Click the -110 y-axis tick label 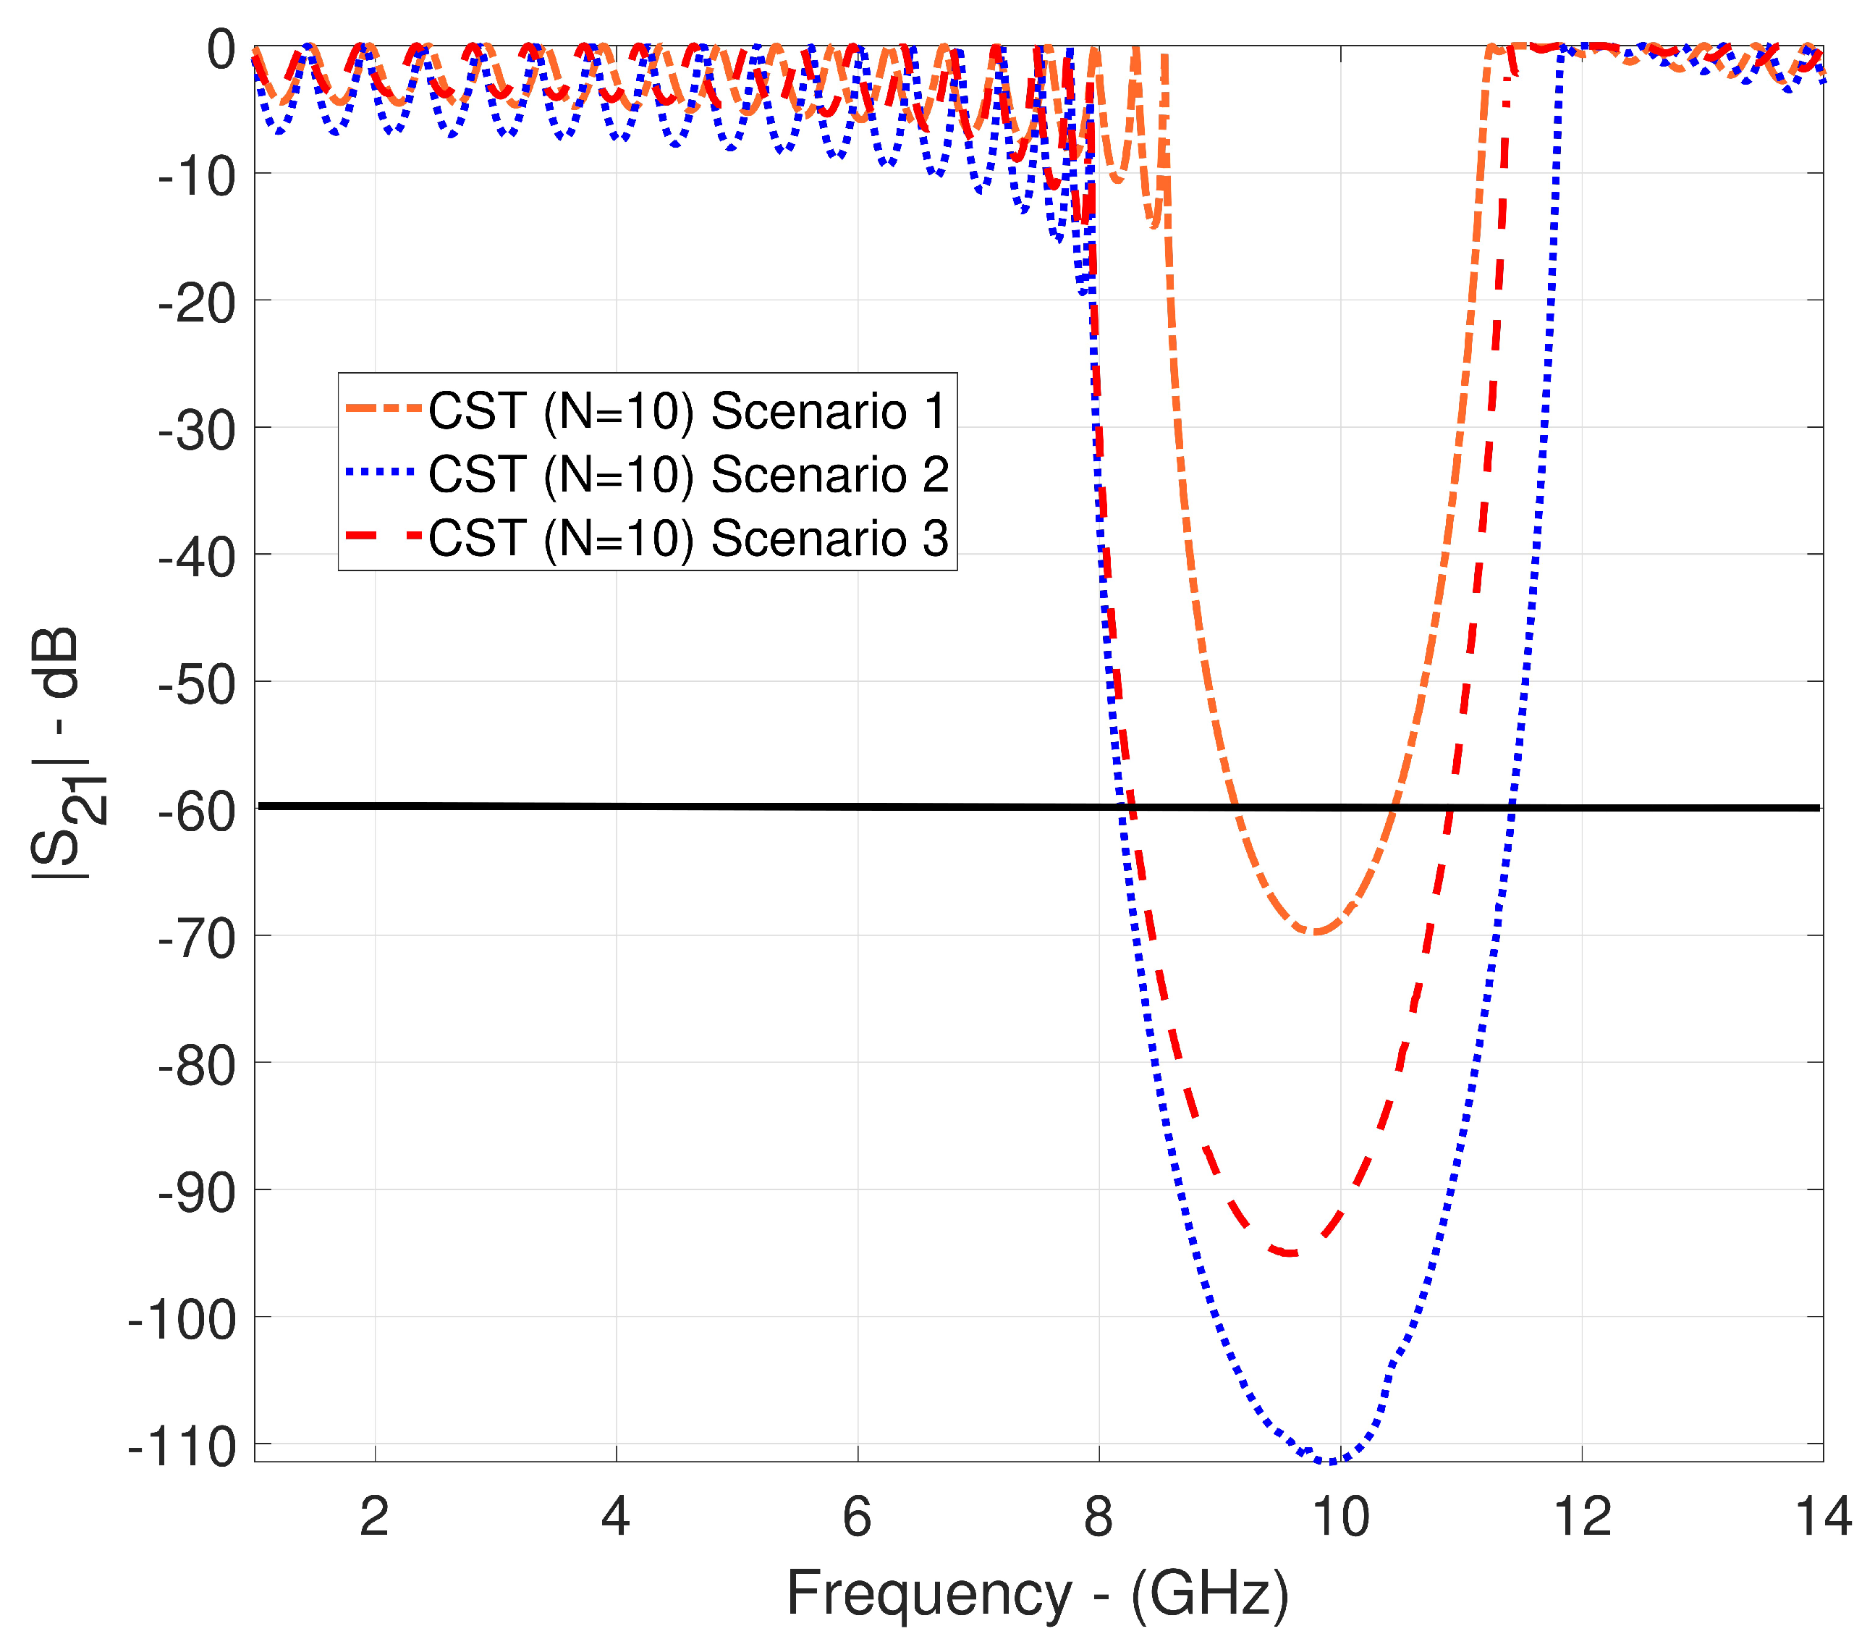pos(182,1447)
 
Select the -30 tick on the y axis pos(196,430)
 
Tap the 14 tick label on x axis pos(1821,1517)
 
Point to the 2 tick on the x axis pos(374,1517)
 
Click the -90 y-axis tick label pos(196,1193)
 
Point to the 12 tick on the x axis pos(1581,1517)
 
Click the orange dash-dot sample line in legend pos(384,408)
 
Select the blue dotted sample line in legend pos(384,473)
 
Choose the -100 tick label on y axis pos(182,1320)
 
